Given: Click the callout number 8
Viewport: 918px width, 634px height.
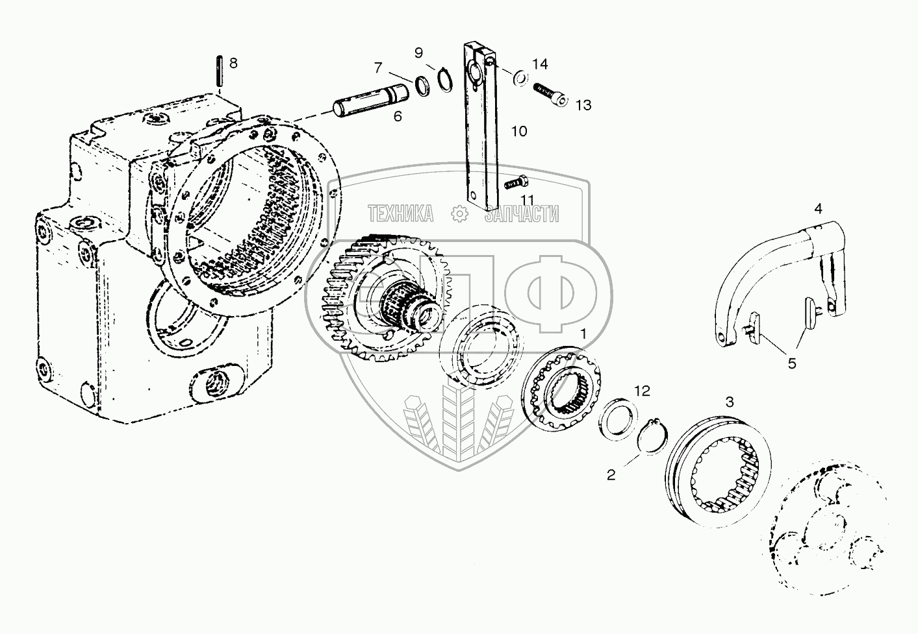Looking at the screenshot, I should click(x=233, y=63).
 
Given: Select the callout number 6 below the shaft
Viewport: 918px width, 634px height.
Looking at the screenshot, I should click(x=398, y=116).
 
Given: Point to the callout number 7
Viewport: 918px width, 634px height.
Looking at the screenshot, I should click(x=379, y=67).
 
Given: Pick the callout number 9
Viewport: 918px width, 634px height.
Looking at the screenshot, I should click(x=418, y=52).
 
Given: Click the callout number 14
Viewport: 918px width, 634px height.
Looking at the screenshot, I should click(x=540, y=64).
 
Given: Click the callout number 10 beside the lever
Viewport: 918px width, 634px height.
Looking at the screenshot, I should click(x=518, y=131).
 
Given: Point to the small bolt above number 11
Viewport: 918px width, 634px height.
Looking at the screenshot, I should click(x=514, y=184).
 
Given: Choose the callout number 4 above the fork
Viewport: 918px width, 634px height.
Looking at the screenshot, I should click(x=818, y=208).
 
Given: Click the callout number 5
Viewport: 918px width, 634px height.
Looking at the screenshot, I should click(x=791, y=363).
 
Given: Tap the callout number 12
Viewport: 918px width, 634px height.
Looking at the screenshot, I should click(x=642, y=391).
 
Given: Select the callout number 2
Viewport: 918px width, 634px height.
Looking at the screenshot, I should click(x=611, y=474).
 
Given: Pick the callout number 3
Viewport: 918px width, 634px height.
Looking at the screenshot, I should click(x=730, y=402).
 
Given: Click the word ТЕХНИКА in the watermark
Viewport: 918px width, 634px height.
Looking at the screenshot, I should click(x=401, y=213).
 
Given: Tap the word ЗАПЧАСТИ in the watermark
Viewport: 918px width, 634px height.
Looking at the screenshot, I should click(x=522, y=213).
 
